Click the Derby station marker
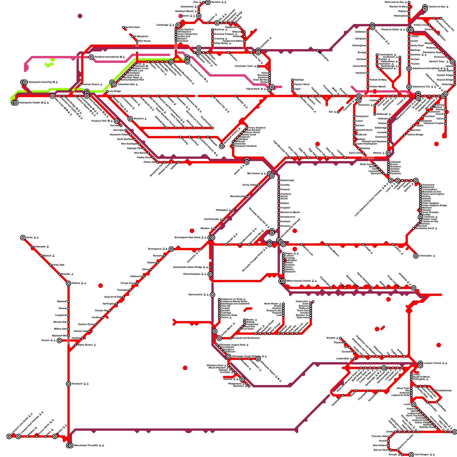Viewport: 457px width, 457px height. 23,238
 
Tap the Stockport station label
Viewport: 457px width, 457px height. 78,384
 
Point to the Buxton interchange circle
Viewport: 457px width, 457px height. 59,340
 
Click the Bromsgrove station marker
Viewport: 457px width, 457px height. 171,249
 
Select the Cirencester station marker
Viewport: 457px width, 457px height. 416,256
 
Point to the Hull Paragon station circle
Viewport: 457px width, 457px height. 411,455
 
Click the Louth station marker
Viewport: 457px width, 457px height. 414,404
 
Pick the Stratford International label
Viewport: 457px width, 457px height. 108,57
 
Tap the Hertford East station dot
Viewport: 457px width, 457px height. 123,27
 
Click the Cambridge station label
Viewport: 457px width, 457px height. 164,25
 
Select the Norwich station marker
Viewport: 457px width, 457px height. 208,2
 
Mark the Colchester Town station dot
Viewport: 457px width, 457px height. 258,66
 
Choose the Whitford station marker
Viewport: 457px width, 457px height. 130,119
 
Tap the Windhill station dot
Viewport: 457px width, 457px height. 340,338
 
